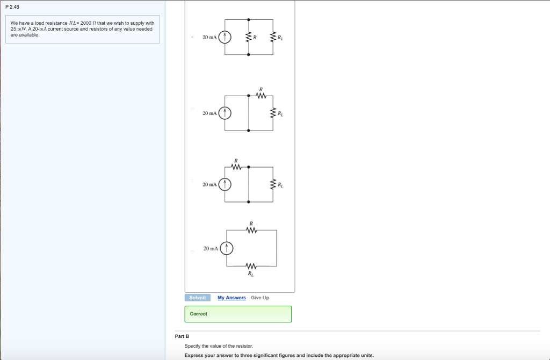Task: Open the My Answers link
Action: pos(231,298)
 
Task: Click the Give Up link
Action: pos(260,298)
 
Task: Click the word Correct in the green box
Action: pos(198,314)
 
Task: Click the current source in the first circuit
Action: pos(225,37)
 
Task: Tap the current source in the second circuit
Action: pos(225,113)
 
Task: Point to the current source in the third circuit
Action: pos(225,184)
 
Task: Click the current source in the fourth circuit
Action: pos(227,248)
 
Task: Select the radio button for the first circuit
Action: pos(192,37)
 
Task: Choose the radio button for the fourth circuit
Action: pos(192,251)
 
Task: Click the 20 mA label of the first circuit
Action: pos(209,37)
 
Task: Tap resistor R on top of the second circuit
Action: pos(261,97)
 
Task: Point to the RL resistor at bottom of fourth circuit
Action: pos(250,267)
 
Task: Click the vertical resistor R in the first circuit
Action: pos(248,37)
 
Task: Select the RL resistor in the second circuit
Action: pos(273,113)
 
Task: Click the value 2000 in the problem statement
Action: pos(86,23)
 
